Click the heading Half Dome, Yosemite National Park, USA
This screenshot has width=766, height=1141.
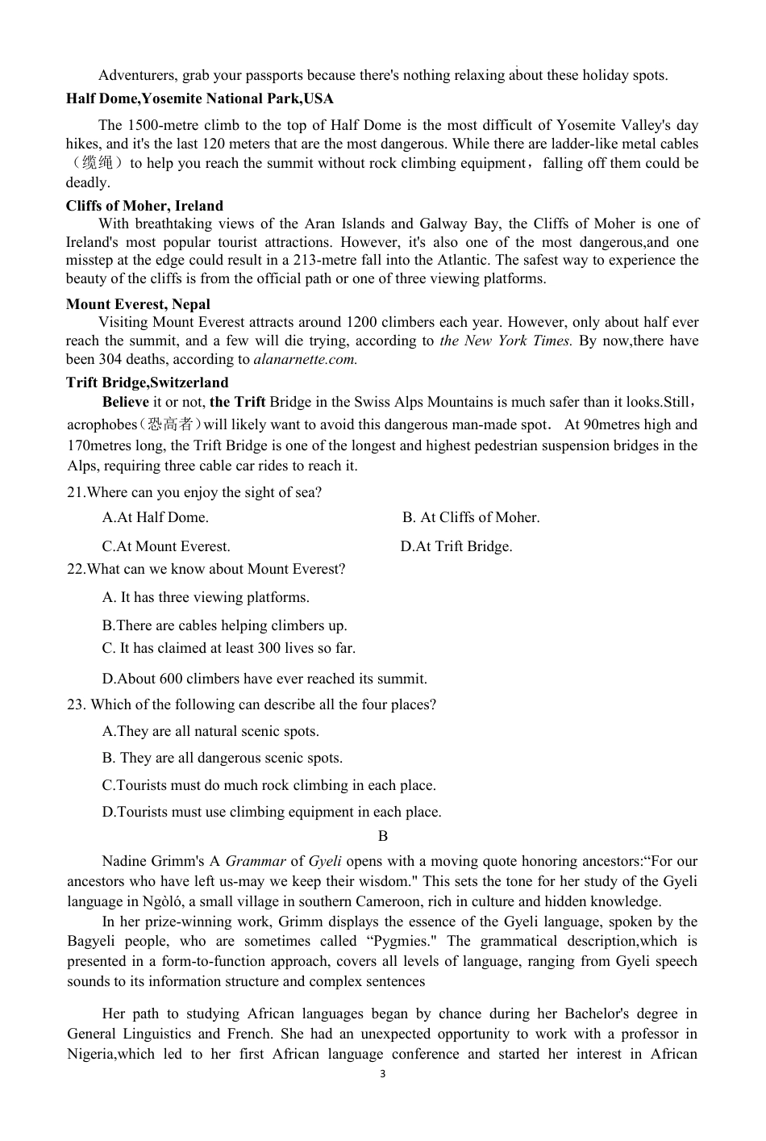coord(199,99)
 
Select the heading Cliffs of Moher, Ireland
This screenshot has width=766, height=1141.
coord(144,206)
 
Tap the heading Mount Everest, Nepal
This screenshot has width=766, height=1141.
coord(138,304)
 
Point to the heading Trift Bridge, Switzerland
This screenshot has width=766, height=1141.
coord(147,382)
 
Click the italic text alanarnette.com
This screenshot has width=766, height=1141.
coord(305,360)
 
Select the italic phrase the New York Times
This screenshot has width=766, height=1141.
coord(506,341)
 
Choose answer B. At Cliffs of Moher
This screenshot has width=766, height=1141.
coord(471,517)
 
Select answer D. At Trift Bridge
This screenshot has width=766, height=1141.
coord(456,546)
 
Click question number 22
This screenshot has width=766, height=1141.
coord(76,570)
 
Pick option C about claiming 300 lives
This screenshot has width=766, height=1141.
coord(229,648)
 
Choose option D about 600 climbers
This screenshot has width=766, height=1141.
coord(264,679)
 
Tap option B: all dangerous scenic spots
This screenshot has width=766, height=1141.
coord(223,758)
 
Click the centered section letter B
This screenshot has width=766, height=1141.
coord(383,837)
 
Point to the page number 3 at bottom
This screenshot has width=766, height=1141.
coord(382,1074)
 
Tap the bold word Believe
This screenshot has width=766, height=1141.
coord(125,402)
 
